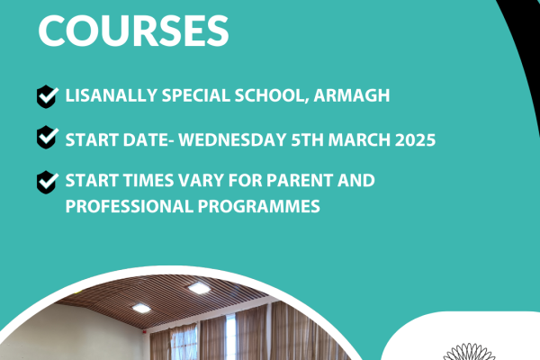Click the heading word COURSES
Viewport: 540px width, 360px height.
132,29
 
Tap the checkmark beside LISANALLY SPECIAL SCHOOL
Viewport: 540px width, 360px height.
46,96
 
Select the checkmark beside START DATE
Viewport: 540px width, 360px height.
46,139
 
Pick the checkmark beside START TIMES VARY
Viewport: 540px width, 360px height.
46,182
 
